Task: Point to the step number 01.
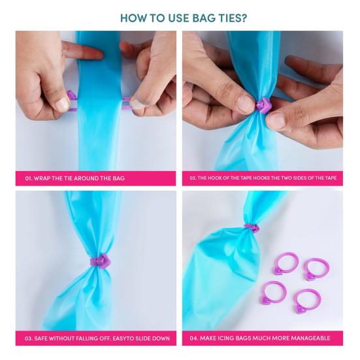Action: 29,178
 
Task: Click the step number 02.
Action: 193,178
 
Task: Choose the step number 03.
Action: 29,338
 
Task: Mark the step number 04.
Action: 194,338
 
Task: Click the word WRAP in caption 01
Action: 45,178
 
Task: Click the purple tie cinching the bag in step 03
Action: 100,261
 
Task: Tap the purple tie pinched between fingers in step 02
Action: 263,105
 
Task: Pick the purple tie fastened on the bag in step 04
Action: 252,228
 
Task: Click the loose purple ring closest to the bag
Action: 286,263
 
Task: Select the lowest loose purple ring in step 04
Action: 307,301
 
